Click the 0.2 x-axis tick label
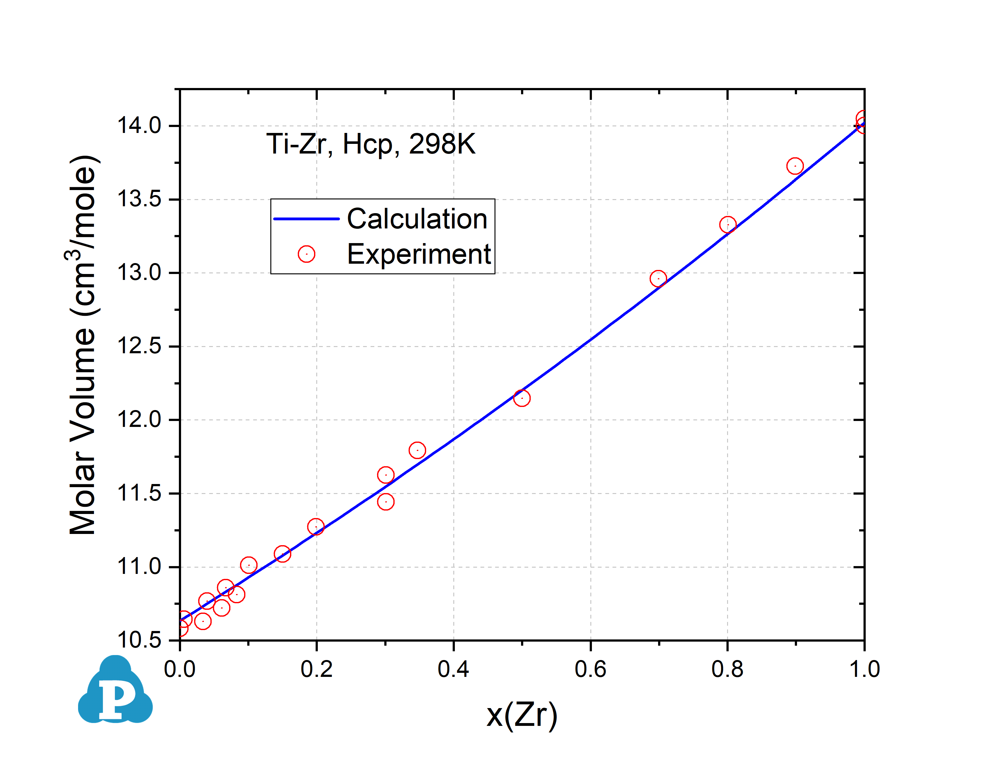(x=316, y=669)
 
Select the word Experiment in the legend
(x=419, y=254)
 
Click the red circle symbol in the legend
(x=306, y=254)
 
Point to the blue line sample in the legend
(x=306, y=219)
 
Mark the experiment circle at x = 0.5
(x=522, y=398)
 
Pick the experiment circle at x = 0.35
(x=417, y=450)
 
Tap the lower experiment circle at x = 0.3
(x=386, y=502)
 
